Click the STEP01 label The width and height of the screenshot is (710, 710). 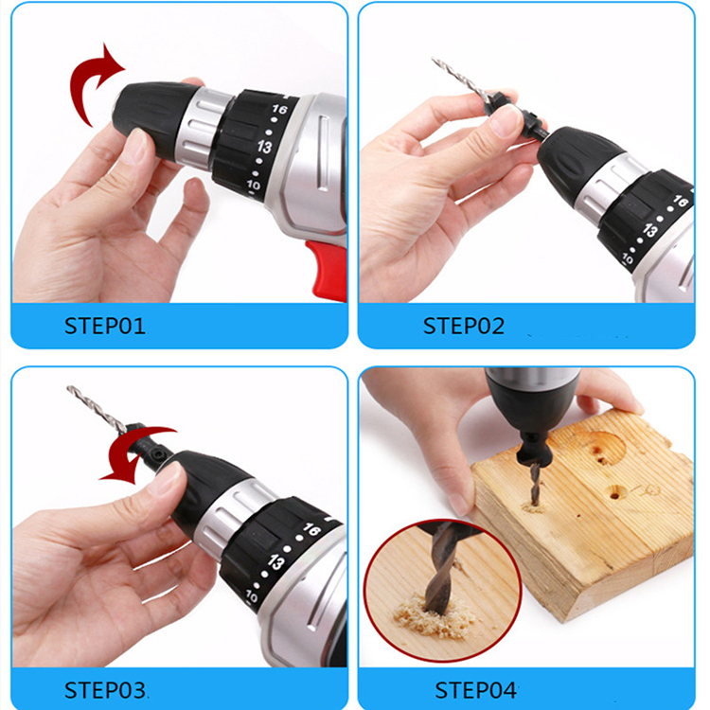(x=105, y=327)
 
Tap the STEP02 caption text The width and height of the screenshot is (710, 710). (x=464, y=327)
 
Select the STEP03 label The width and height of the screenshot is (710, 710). (x=105, y=688)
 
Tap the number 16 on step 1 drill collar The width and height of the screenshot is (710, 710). (x=278, y=110)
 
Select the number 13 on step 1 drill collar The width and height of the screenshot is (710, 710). (x=264, y=148)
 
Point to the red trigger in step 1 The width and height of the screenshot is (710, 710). (x=327, y=270)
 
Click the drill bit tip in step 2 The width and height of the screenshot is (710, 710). (x=437, y=62)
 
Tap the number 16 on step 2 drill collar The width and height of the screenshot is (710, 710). (x=679, y=202)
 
